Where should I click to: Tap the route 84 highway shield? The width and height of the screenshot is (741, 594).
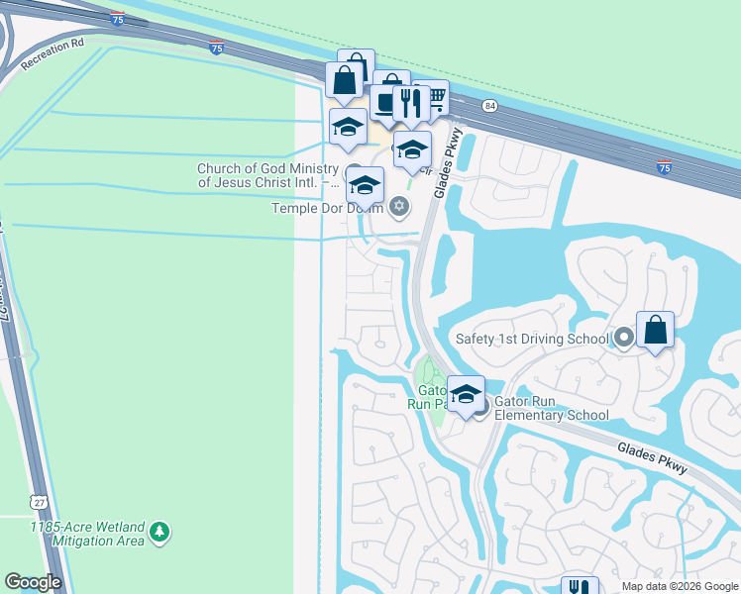(489, 105)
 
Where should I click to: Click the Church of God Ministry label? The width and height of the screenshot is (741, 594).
(267, 175)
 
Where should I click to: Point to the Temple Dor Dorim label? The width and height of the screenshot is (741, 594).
(328, 208)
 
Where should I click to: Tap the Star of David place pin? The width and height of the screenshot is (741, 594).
(399, 206)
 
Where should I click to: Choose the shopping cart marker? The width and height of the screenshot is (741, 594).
(432, 98)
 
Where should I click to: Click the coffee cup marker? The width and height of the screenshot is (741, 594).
(386, 102)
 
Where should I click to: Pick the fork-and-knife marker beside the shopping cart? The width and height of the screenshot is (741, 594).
(409, 102)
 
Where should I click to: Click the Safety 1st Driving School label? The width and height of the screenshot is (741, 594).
(532, 339)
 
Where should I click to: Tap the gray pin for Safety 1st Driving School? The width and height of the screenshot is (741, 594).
(623, 338)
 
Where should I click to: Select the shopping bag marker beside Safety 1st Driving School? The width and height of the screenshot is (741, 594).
(655, 330)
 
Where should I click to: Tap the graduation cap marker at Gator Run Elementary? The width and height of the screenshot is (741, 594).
(465, 393)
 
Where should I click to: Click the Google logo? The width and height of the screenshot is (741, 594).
(34, 582)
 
